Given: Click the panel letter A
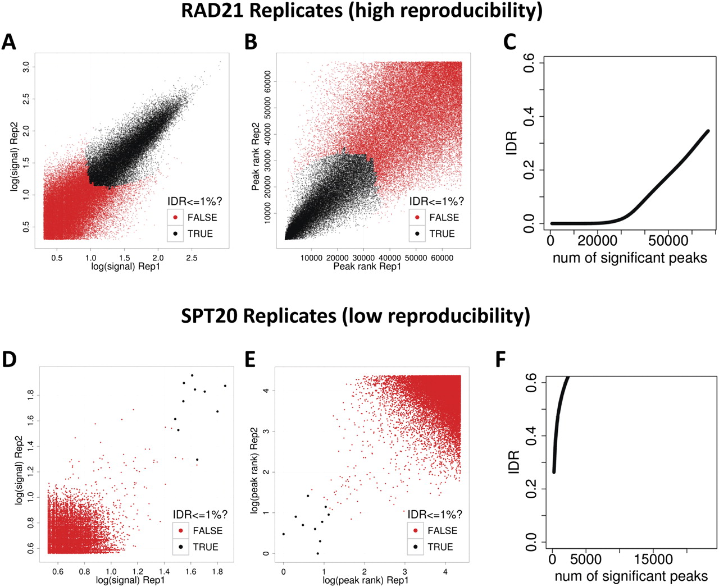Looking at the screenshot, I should click(8, 42).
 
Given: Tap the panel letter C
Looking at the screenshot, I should click(509, 42).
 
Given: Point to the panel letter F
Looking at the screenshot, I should click(501, 359).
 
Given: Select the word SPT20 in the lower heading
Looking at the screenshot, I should click(209, 316).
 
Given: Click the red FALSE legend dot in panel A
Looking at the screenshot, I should click(176, 217).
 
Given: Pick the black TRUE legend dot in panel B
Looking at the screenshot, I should click(417, 233).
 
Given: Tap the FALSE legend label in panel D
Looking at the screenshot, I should click(207, 530).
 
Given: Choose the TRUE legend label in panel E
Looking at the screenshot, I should click(440, 547).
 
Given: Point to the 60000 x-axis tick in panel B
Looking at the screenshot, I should click(442, 258).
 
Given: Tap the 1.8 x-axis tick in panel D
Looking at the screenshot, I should click(217, 571).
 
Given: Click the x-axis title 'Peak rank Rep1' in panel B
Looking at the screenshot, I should click(367, 267).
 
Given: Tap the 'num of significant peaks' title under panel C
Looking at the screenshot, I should click(630, 258).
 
